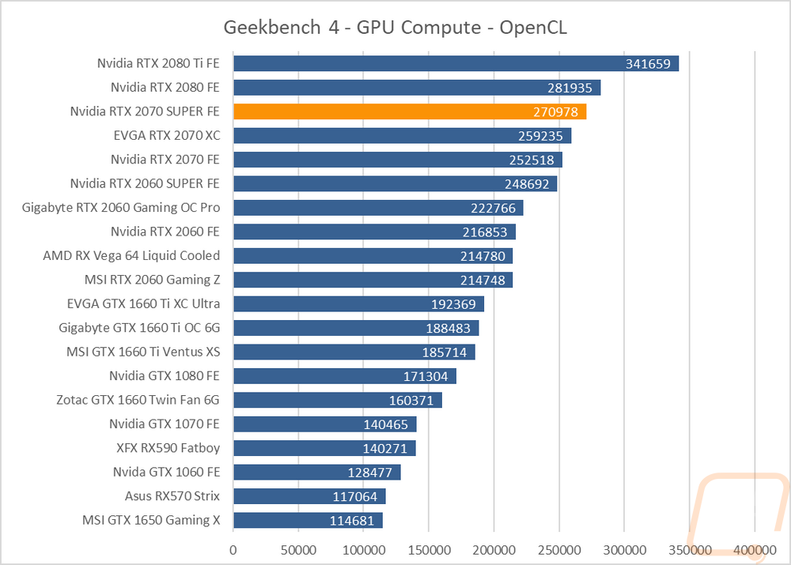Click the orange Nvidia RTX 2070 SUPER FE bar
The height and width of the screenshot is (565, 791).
410,111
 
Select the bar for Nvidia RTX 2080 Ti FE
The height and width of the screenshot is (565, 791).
456,63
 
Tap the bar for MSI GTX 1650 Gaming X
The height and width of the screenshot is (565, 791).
308,520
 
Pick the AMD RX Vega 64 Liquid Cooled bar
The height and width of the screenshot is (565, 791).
373,255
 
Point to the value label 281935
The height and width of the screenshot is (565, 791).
570,89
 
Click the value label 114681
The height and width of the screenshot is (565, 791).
352,521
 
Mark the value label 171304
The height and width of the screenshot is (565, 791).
426,376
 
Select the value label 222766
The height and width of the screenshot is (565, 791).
493,208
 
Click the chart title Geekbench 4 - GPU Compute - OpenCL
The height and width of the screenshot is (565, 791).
395,27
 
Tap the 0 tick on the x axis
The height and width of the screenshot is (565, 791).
233,550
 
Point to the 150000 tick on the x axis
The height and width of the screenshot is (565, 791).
429,550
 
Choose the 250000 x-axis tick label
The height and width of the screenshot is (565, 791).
559,550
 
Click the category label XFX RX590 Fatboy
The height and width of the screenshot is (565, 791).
168,447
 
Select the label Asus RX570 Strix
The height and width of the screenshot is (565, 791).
172,496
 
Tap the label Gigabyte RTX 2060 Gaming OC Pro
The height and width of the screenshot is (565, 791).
120,207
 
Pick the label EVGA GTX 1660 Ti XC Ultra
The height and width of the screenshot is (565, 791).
143,303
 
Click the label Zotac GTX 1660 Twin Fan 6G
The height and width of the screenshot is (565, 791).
138,400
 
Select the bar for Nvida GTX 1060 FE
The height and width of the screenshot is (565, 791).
317,473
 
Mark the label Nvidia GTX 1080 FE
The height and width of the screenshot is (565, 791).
164,375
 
